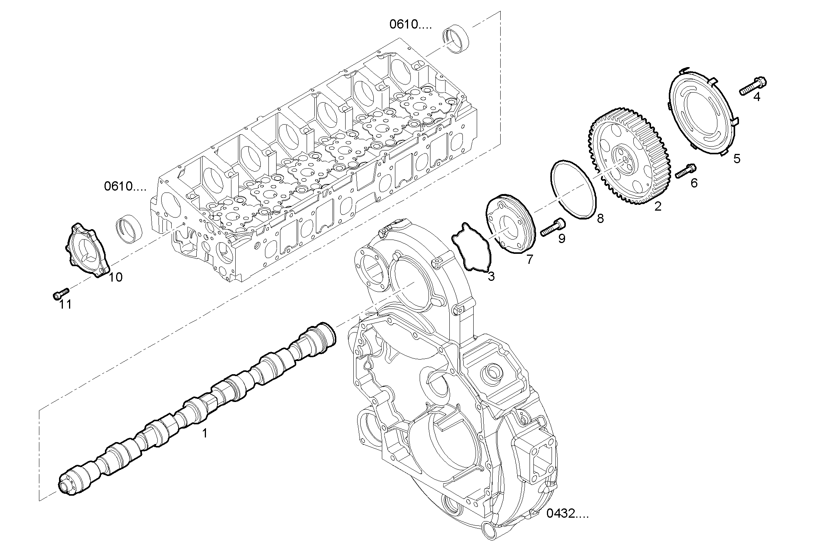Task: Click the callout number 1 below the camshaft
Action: [x=205, y=434]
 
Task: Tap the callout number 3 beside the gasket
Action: [x=491, y=276]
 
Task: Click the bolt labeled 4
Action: [x=753, y=86]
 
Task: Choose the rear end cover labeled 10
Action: [x=87, y=251]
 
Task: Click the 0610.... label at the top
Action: [x=410, y=25]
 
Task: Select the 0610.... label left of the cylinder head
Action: [x=125, y=187]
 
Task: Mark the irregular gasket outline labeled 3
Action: [x=471, y=247]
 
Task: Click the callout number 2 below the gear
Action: [x=658, y=206]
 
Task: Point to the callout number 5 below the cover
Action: [x=737, y=159]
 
